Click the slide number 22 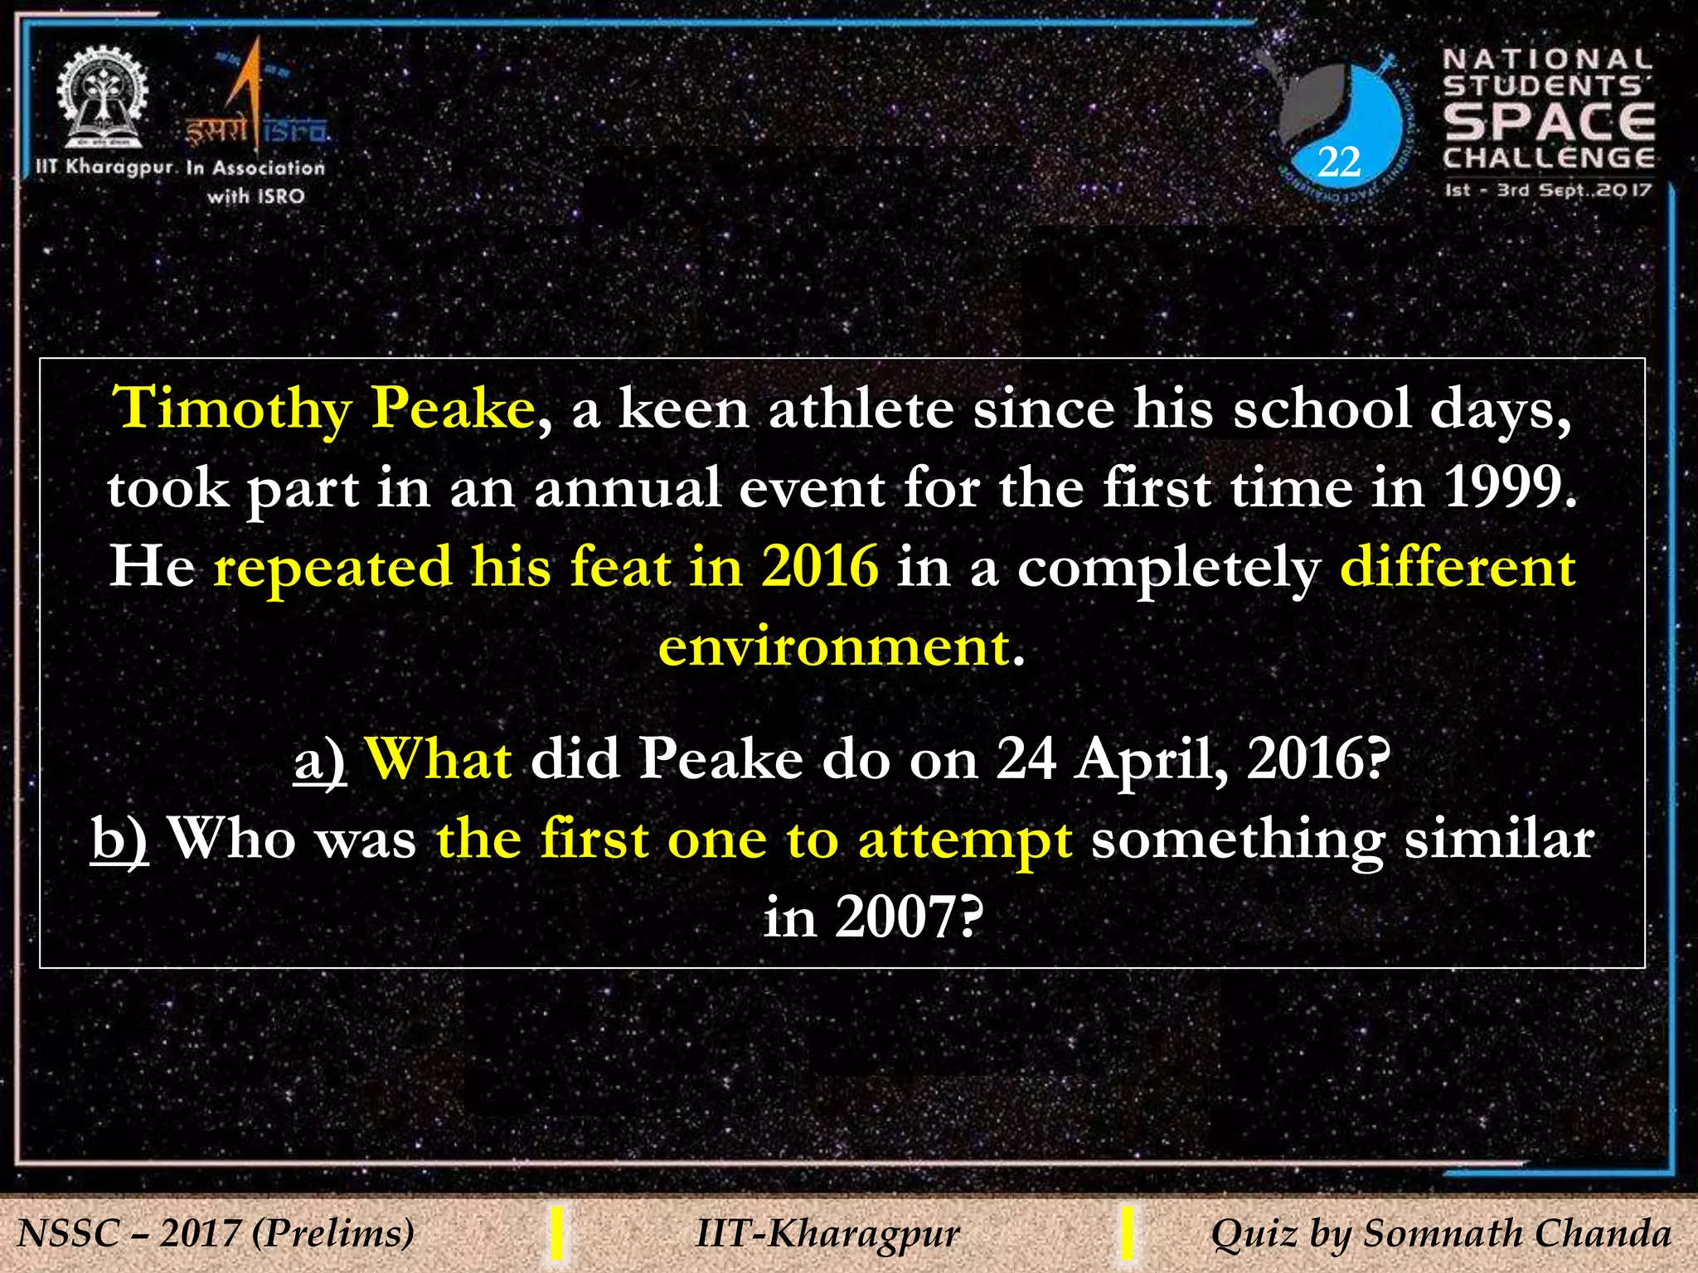tap(1338, 162)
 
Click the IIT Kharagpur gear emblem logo tap(103, 98)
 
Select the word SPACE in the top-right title tap(1549, 122)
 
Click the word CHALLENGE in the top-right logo tap(1549, 158)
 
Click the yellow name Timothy tap(233, 409)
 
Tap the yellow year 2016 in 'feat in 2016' tap(820, 568)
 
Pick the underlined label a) tap(320, 759)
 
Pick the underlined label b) tap(119, 839)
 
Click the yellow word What tap(439, 759)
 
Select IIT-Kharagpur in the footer tap(827, 1233)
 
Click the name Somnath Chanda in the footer tap(1516, 1233)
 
